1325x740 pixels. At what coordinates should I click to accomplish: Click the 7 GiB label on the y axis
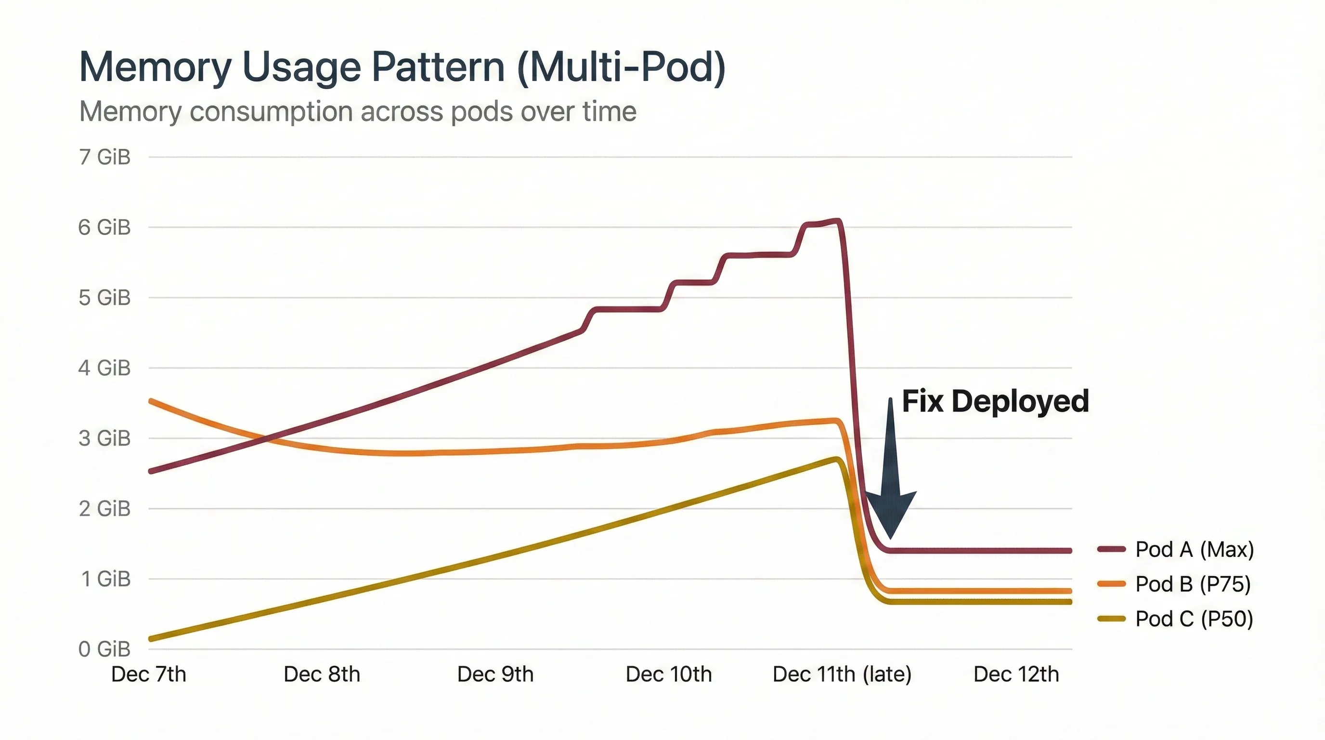[x=104, y=157]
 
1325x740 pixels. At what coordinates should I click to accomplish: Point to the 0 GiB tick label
[x=104, y=649]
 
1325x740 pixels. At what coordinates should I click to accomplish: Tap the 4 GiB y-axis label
[x=104, y=368]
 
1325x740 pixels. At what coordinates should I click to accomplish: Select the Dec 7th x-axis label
[x=149, y=674]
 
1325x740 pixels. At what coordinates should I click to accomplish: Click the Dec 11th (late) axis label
[x=842, y=674]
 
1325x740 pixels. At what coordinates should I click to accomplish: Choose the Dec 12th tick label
[x=1016, y=674]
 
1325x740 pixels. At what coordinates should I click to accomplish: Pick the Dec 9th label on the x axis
[x=495, y=674]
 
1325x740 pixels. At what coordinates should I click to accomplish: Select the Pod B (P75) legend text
[x=1193, y=584]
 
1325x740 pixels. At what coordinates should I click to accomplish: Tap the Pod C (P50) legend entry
[x=1194, y=619]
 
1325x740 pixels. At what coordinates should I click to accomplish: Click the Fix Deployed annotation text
[x=995, y=401]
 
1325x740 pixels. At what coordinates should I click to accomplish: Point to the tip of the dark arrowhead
[x=890, y=538]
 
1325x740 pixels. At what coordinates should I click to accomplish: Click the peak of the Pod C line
[x=836, y=459]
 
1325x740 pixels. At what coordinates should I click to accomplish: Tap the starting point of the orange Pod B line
[x=151, y=401]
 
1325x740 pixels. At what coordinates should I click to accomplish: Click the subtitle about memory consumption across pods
[x=357, y=111]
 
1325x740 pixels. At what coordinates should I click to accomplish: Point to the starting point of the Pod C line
[x=151, y=639]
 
